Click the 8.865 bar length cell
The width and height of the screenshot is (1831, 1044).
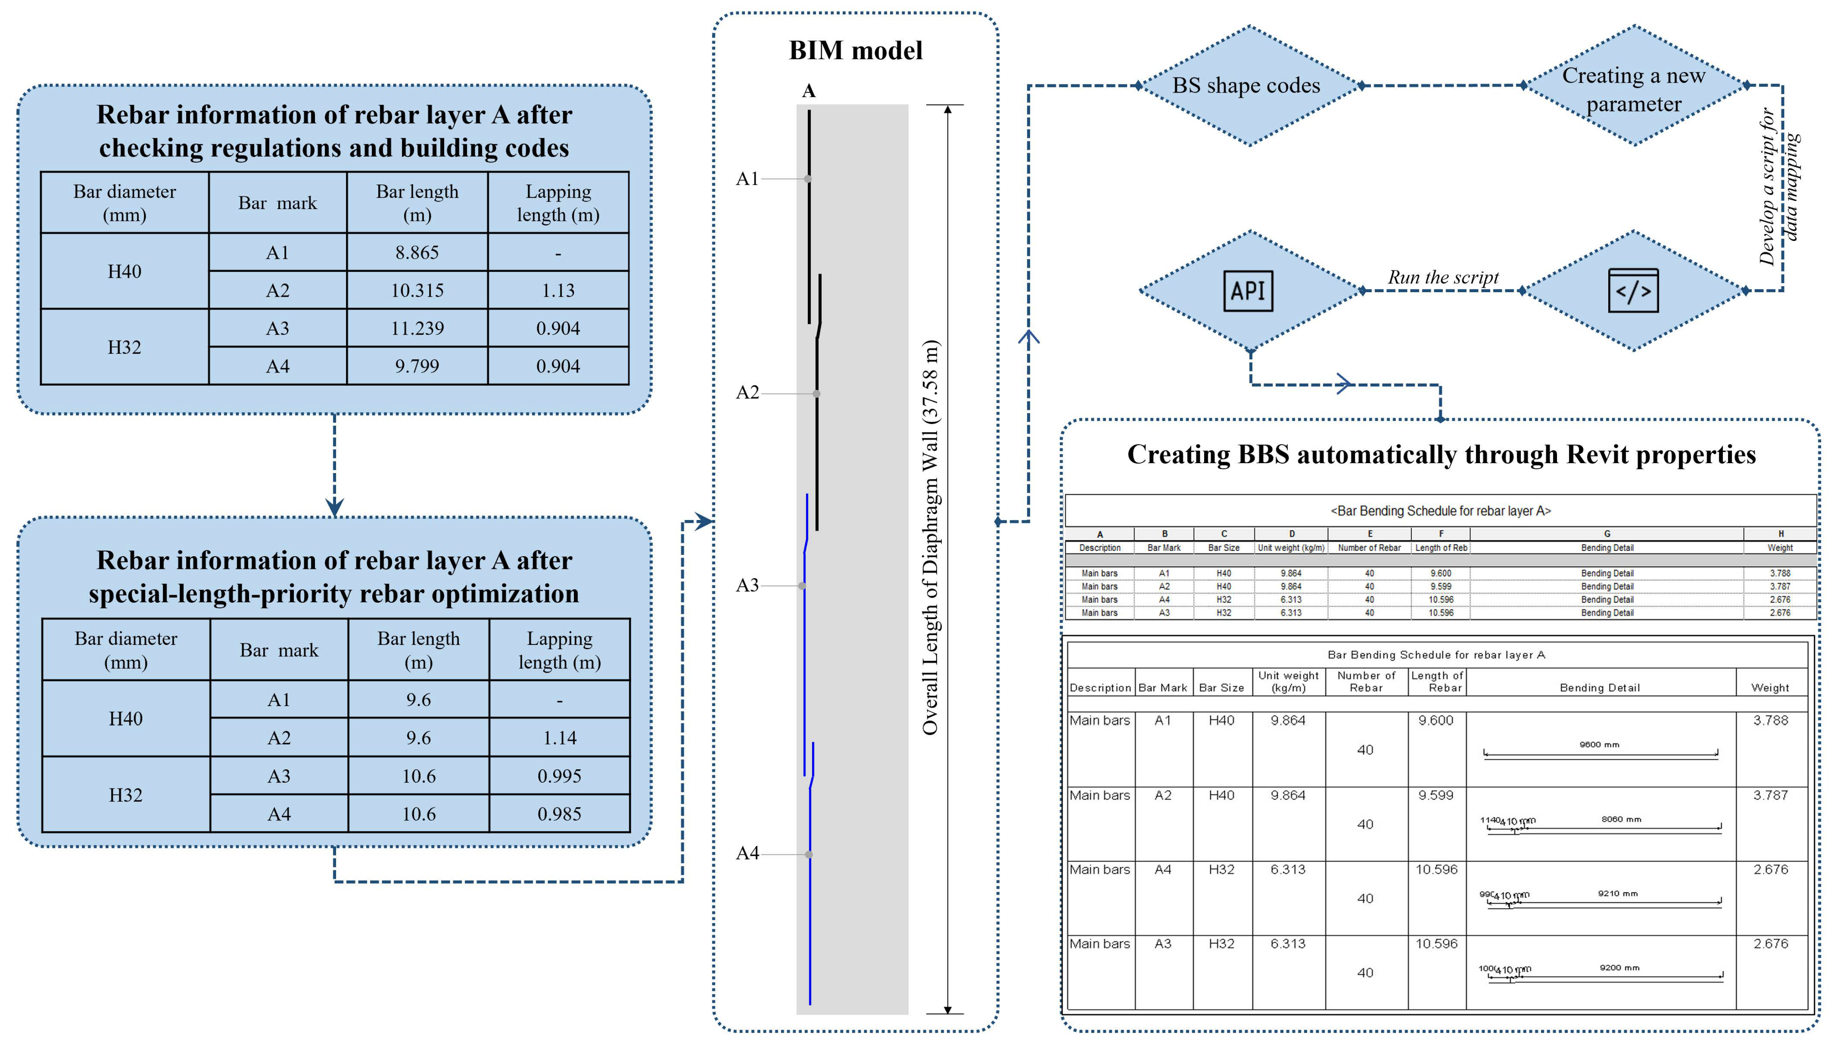[417, 252]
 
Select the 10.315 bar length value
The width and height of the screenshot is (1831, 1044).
[417, 290]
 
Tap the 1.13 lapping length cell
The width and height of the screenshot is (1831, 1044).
[558, 290]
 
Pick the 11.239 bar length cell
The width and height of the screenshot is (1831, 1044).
[417, 328]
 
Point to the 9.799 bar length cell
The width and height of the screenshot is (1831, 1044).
[417, 367]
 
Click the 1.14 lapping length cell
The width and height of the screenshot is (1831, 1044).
[560, 738]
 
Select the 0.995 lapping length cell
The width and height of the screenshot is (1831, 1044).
[560, 776]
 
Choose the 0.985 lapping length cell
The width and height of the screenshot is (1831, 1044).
[560, 814]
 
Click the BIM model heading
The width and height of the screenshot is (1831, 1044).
[855, 50]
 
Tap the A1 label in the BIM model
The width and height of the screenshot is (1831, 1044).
[746, 179]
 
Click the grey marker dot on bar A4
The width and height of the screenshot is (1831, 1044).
[808, 854]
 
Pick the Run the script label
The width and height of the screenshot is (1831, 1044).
[1443, 277]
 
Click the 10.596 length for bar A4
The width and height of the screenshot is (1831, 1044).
[1436, 869]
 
